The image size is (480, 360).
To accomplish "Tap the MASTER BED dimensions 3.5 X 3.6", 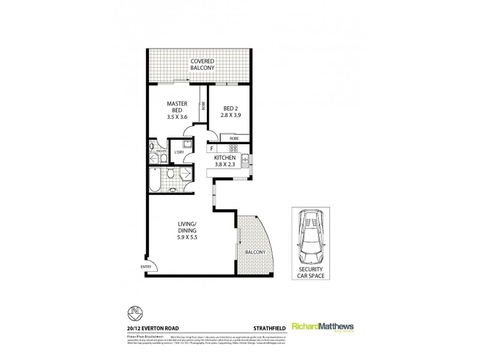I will [x=178, y=117].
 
